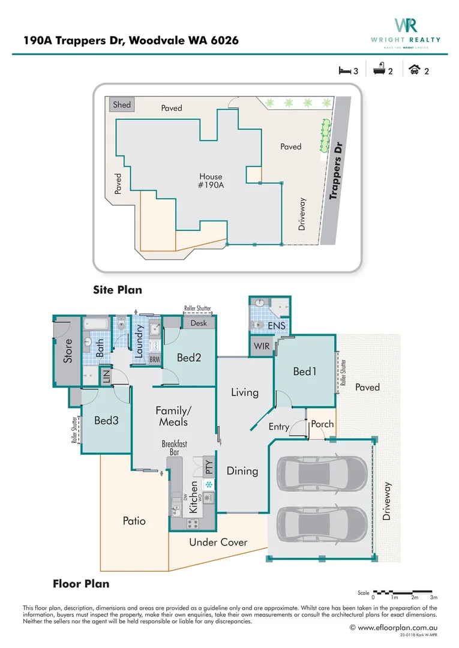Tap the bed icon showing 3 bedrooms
[344, 71]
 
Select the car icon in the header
[414, 71]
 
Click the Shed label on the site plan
[122, 104]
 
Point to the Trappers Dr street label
[338, 171]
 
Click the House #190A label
[211, 181]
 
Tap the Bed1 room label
[304, 372]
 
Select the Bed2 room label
[188, 358]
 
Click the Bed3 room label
[106, 421]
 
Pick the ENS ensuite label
[276, 326]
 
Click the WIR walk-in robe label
[262, 347]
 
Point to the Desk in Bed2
[199, 323]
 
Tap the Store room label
[67, 351]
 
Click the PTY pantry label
[209, 467]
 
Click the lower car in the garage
[321, 523]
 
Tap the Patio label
[134, 521]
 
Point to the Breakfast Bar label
[174, 448]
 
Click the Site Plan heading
[118, 290]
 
